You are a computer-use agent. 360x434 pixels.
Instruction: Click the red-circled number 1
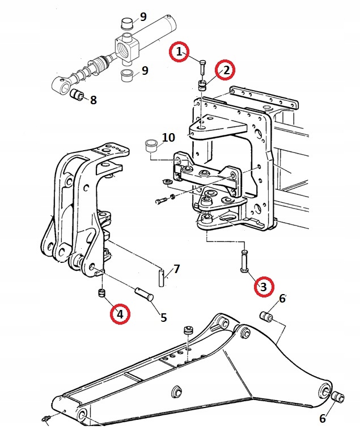[x=179, y=52]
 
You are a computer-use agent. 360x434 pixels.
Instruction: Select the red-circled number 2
[x=226, y=70]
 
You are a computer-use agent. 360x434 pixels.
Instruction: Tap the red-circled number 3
[x=264, y=287]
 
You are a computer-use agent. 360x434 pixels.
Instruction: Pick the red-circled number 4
[x=120, y=313]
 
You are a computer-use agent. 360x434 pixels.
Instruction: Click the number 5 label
[x=164, y=317]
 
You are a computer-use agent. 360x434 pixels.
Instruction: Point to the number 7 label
[x=176, y=269]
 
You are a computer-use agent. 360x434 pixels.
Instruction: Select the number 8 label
[x=94, y=100]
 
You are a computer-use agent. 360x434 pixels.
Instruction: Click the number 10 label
[x=168, y=137]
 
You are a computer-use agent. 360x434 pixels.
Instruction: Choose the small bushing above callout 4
[x=102, y=293]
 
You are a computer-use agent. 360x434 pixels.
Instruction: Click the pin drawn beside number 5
[x=144, y=293]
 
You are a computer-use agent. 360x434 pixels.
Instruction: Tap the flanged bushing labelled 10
[x=152, y=145]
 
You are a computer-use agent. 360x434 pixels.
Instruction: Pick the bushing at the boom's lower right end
[x=338, y=398]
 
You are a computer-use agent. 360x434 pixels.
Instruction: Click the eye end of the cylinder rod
[x=61, y=84]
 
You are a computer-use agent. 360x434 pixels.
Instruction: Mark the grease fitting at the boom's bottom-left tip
[x=45, y=418]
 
